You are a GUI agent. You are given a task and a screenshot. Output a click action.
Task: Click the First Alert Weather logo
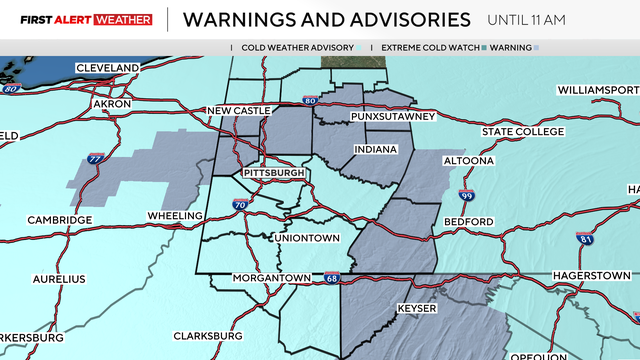pyautogui.click(x=76, y=19)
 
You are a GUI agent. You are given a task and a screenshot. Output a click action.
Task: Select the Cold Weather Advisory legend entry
pyautogui.click(x=296, y=47)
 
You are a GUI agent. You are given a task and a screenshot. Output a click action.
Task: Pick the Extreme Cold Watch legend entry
pyautogui.click(x=425, y=47)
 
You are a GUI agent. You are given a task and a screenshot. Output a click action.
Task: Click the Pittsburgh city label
pyautogui.click(x=273, y=173)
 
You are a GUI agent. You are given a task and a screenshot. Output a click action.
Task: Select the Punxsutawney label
pyautogui.click(x=393, y=117)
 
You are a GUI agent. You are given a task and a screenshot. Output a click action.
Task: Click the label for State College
pyautogui.click(x=523, y=132)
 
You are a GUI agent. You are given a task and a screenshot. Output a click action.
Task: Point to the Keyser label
pyautogui.click(x=417, y=308)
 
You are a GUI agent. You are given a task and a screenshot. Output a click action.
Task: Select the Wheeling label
pyautogui.click(x=175, y=215)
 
